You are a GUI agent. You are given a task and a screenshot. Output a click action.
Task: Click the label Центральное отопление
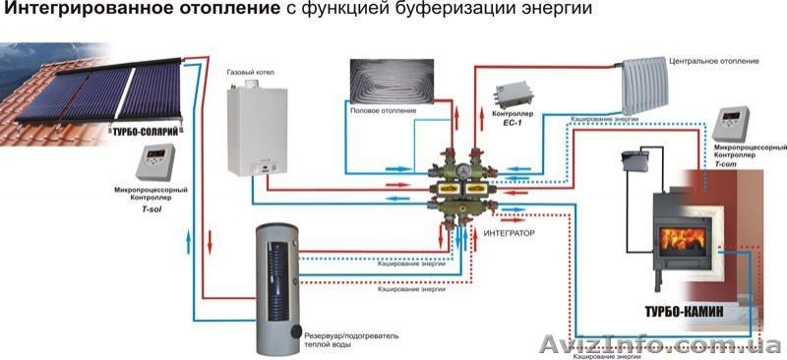(x=710, y=61)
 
